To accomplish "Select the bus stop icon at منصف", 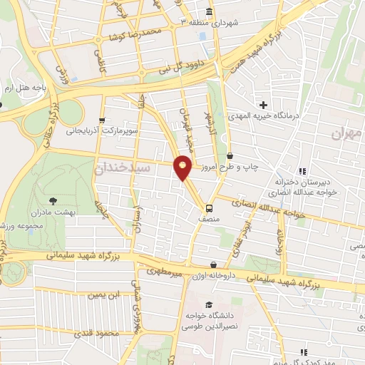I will pyautogui.click(x=209, y=208).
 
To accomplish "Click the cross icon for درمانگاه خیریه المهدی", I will pyautogui.click(x=263, y=106).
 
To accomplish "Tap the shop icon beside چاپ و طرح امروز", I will pyautogui.click(x=230, y=156).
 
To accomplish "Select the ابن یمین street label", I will pyautogui.click(x=103, y=294).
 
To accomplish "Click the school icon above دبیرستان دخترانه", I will pyautogui.click(x=303, y=171).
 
